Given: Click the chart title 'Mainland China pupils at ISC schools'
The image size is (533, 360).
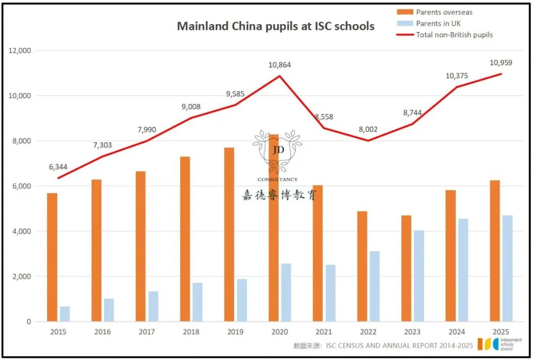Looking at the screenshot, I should (275, 26).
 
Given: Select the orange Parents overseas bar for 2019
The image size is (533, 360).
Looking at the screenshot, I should (229, 234).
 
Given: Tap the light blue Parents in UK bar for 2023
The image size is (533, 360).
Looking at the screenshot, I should (419, 276).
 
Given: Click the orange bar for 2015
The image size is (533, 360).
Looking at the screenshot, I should (52, 257).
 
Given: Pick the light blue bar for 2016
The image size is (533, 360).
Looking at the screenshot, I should (109, 310).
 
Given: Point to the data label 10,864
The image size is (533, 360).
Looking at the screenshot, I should (280, 65).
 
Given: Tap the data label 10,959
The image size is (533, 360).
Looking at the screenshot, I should (501, 63).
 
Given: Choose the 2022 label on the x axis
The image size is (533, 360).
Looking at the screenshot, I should (368, 332).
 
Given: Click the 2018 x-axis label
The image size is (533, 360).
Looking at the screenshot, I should (191, 332).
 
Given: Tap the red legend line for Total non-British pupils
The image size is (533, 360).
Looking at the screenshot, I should (405, 35).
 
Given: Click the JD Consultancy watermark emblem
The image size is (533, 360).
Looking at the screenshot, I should (277, 151).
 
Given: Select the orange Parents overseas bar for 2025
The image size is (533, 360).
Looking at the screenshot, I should (495, 251).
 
